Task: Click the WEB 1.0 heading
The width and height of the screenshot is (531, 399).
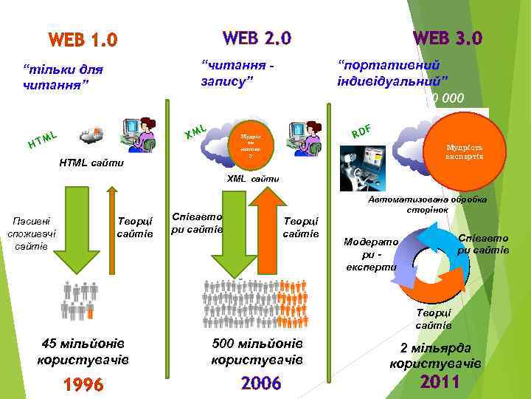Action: pos(83,39)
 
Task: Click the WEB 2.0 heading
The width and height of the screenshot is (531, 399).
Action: pos(257,37)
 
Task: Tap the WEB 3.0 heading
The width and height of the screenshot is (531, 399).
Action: pos(448,37)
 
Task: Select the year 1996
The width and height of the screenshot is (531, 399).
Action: pos(83,385)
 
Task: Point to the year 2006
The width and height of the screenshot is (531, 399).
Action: pos(261,383)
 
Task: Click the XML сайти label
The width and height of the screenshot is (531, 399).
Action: pos(254,179)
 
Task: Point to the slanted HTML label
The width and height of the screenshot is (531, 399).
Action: pos(43,138)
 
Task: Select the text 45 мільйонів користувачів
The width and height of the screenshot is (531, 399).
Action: pos(83,352)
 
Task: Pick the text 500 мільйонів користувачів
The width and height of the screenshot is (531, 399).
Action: pos(257,352)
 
